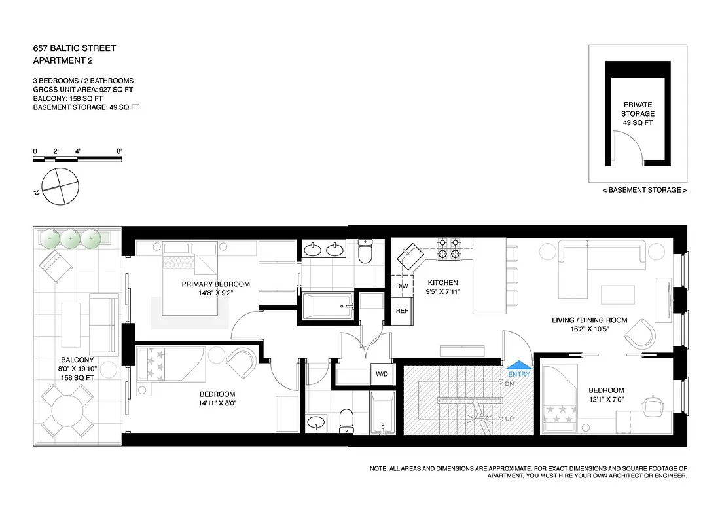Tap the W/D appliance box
click(380, 375)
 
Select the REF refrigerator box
click(402, 312)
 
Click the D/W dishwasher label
click(402, 287)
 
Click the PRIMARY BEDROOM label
click(216, 284)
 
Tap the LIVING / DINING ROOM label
click(589, 320)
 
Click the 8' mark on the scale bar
click(119, 151)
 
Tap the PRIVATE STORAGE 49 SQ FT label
click(638, 113)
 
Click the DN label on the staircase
click(509, 383)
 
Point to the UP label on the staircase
click(509, 418)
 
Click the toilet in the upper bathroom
click(365, 252)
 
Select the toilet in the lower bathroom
click(347, 421)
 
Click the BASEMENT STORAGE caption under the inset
click(644, 190)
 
